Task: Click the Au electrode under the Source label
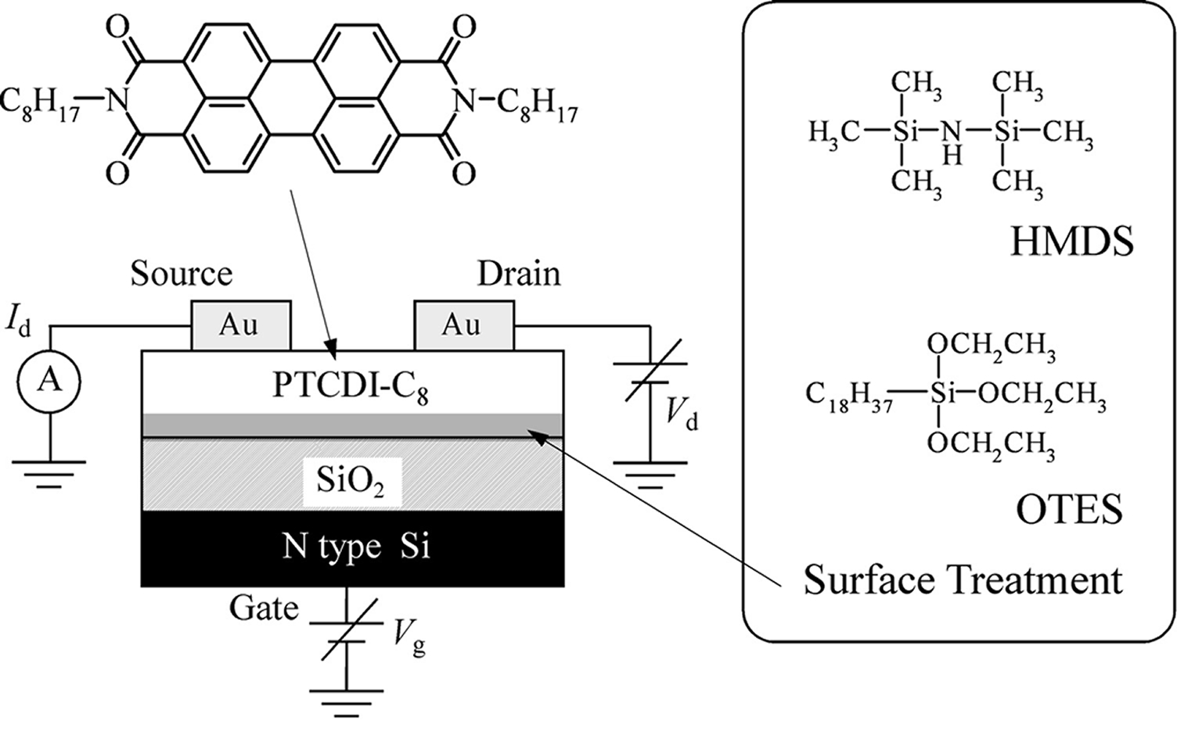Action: pos(241,325)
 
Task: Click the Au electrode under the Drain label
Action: pos(464,325)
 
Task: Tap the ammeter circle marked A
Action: pos(49,382)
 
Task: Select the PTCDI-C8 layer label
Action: pos(351,388)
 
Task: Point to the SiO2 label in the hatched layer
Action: pos(351,483)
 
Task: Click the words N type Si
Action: pos(356,547)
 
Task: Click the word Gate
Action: pos(264,609)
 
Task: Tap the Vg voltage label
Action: pos(409,641)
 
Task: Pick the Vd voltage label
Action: pos(682,415)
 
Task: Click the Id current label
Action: pos(18,321)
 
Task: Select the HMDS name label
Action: pos(1072,242)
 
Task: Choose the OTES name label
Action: pos(1070,509)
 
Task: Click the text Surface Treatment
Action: pos(963,579)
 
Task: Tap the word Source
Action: pos(182,274)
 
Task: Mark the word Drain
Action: pos(519,274)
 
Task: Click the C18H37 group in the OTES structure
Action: pos(849,397)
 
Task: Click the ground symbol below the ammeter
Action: pos(49,475)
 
